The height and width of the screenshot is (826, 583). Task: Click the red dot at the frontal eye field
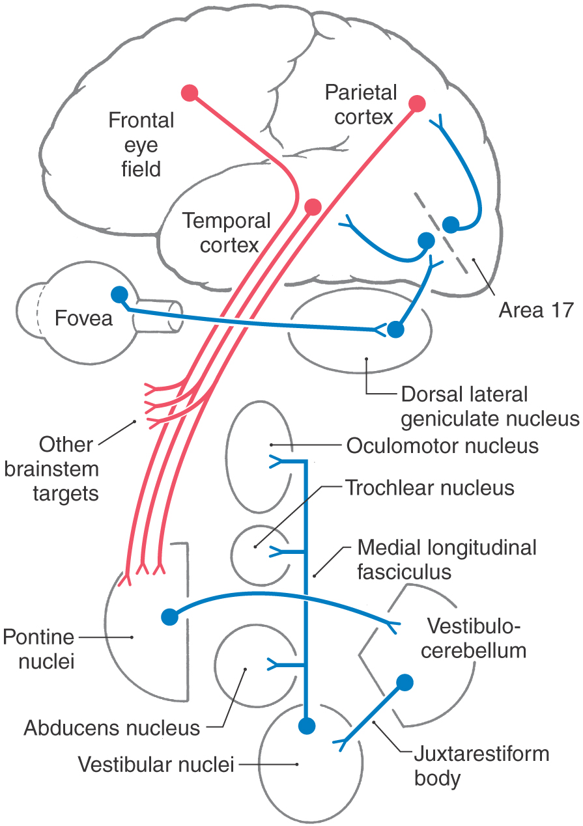click(x=190, y=93)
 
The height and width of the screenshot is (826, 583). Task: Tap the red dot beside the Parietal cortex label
click(x=418, y=104)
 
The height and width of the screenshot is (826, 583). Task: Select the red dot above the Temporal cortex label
click(x=313, y=207)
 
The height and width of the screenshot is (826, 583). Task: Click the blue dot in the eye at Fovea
click(x=119, y=295)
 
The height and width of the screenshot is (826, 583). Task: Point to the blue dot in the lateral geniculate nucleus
click(x=395, y=330)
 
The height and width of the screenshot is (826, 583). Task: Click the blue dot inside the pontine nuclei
click(x=169, y=615)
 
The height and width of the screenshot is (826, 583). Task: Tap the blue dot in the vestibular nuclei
click(x=306, y=725)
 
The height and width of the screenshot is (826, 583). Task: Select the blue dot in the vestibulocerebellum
click(x=405, y=682)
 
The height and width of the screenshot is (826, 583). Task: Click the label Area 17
click(x=535, y=310)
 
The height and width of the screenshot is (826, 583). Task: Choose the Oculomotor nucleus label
click(x=442, y=447)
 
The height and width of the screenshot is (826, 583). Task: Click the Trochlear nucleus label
click(x=430, y=488)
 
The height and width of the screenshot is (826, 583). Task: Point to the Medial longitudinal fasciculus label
click(x=446, y=559)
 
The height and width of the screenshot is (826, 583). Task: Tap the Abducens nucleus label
click(x=112, y=727)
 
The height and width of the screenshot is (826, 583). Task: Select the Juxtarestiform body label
click(x=481, y=766)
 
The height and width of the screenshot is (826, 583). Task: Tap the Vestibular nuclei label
click(x=156, y=764)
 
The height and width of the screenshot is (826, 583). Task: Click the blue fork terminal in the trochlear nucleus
click(x=278, y=552)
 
